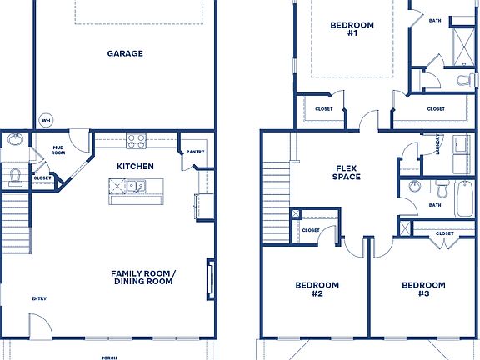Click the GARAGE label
(x=125, y=53)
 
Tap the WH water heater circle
(x=46, y=118)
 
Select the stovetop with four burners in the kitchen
(x=136, y=141)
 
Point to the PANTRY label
(x=196, y=152)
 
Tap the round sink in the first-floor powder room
(x=16, y=140)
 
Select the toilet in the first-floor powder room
(x=14, y=176)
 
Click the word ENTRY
(x=39, y=298)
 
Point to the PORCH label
(x=109, y=357)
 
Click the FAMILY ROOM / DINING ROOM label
(x=142, y=277)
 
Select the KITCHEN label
(x=135, y=167)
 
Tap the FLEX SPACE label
(x=346, y=172)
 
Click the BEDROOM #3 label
(x=423, y=289)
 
